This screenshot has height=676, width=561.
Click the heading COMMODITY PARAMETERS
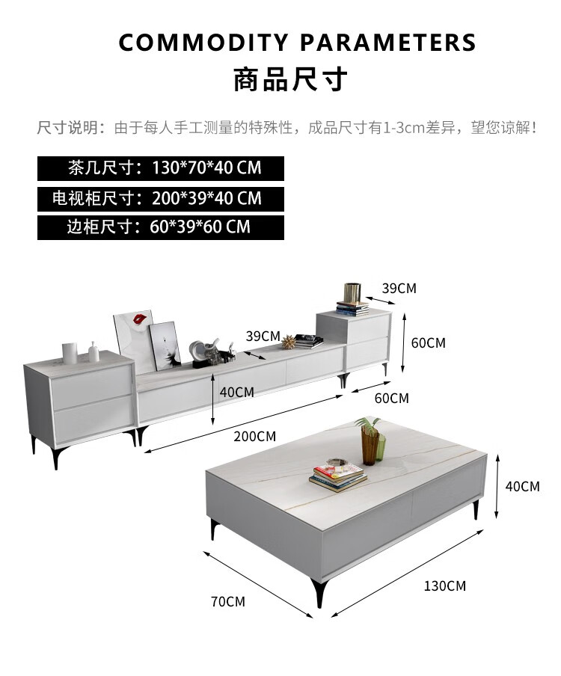(x=297, y=43)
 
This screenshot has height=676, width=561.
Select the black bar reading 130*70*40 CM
(x=161, y=168)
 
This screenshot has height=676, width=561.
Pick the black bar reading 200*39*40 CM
(x=161, y=198)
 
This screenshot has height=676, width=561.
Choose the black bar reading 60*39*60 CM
(x=161, y=227)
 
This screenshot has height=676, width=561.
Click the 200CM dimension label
(x=254, y=436)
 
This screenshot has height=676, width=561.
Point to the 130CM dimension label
(x=444, y=586)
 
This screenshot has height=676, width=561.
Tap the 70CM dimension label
(x=227, y=601)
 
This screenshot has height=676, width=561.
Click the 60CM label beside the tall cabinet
(x=428, y=343)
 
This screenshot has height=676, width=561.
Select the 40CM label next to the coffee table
(x=522, y=487)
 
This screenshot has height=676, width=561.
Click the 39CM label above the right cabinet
(x=399, y=288)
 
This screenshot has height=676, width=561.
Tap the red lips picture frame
(x=135, y=340)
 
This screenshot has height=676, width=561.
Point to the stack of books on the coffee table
(x=338, y=477)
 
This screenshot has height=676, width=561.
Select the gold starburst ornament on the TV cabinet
(x=289, y=342)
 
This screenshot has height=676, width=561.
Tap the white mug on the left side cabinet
(x=70, y=353)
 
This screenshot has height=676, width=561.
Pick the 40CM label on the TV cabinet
(x=236, y=392)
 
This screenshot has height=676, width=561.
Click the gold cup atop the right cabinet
(x=352, y=293)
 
